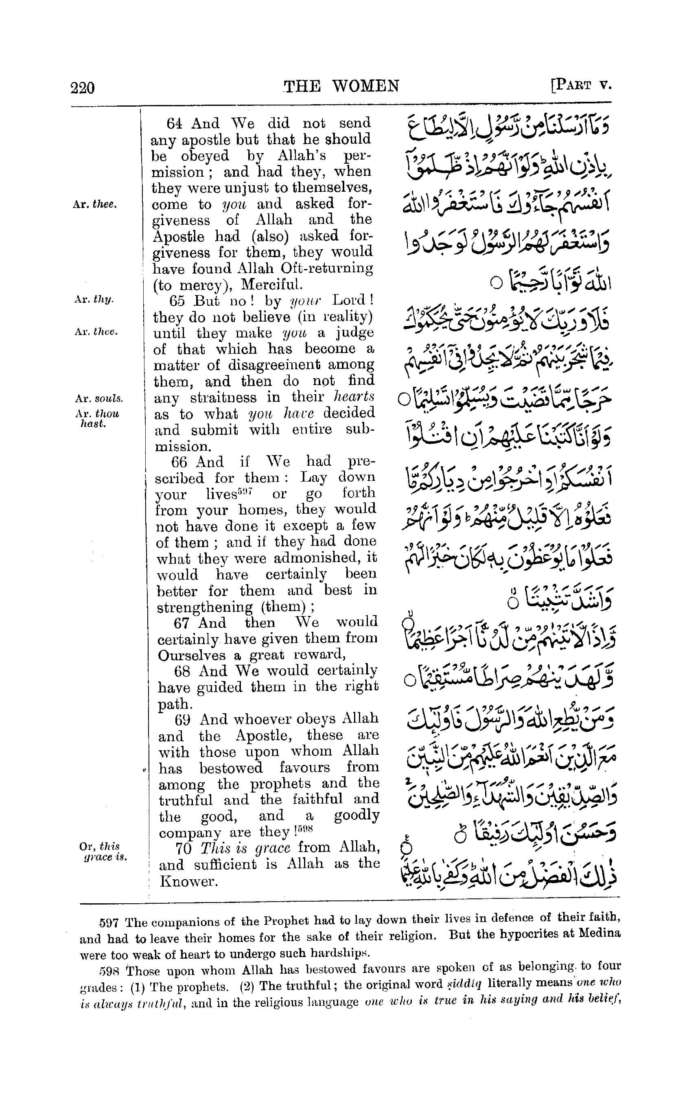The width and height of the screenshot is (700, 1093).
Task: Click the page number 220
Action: click(83, 87)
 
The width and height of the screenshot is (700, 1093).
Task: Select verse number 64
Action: click(175, 123)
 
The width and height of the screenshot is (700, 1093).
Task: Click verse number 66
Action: click(179, 462)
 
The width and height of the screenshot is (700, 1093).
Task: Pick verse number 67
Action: click(182, 623)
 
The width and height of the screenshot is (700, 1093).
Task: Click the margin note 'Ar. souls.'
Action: click(98, 399)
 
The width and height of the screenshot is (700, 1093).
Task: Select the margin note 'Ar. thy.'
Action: click(94, 300)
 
